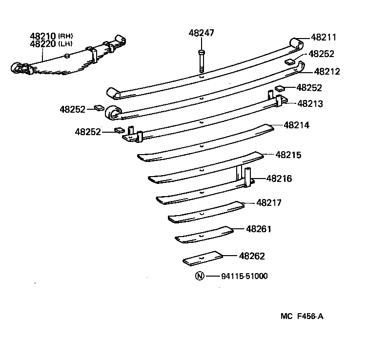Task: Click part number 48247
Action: [x=201, y=33]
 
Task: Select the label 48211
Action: [x=324, y=37]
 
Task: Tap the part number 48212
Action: [x=327, y=71]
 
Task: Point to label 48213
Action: [x=310, y=103]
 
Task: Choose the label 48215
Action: [x=288, y=155]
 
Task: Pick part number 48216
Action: [x=279, y=179]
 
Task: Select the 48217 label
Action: [x=269, y=202]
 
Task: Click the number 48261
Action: [x=259, y=229]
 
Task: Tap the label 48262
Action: [x=252, y=256]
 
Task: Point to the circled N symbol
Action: [x=199, y=276]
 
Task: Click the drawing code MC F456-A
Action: [x=302, y=316]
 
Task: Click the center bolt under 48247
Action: [x=201, y=61]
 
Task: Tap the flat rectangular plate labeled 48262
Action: [x=203, y=258]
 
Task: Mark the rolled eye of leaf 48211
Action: [x=296, y=43]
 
